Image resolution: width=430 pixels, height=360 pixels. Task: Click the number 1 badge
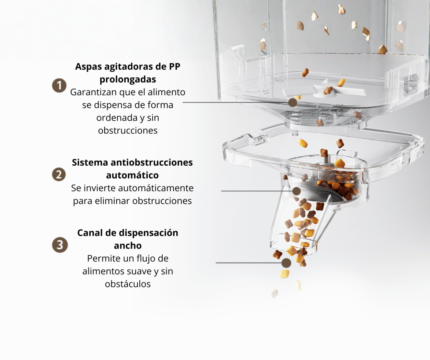pyautogui.click(x=59, y=85)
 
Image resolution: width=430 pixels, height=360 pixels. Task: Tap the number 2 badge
pyautogui.click(x=59, y=175)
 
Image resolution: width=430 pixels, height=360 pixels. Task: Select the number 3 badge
pyautogui.click(x=60, y=245)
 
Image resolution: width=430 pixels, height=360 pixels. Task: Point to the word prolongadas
pyautogui.click(x=128, y=80)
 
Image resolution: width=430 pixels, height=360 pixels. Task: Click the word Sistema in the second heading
pyautogui.click(x=90, y=163)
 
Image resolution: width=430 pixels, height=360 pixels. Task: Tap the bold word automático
pyautogui.click(x=132, y=175)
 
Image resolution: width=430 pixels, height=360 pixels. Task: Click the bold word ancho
pyautogui.click(x=128, y=245)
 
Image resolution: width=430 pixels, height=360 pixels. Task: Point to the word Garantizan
pyautogui.click(x=94, y=92)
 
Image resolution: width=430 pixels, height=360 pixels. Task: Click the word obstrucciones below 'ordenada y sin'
pyautogui.click(x=128, y=131)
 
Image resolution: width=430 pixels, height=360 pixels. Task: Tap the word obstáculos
pyautogui.click(x=128, y=284)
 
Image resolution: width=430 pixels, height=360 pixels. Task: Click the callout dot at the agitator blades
pyautogui.click(x=292, y=103)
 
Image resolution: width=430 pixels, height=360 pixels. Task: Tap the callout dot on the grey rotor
pyautogui.click(x=297, y=191)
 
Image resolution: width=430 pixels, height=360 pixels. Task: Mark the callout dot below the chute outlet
pyautogui.click(x=286, y=263)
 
